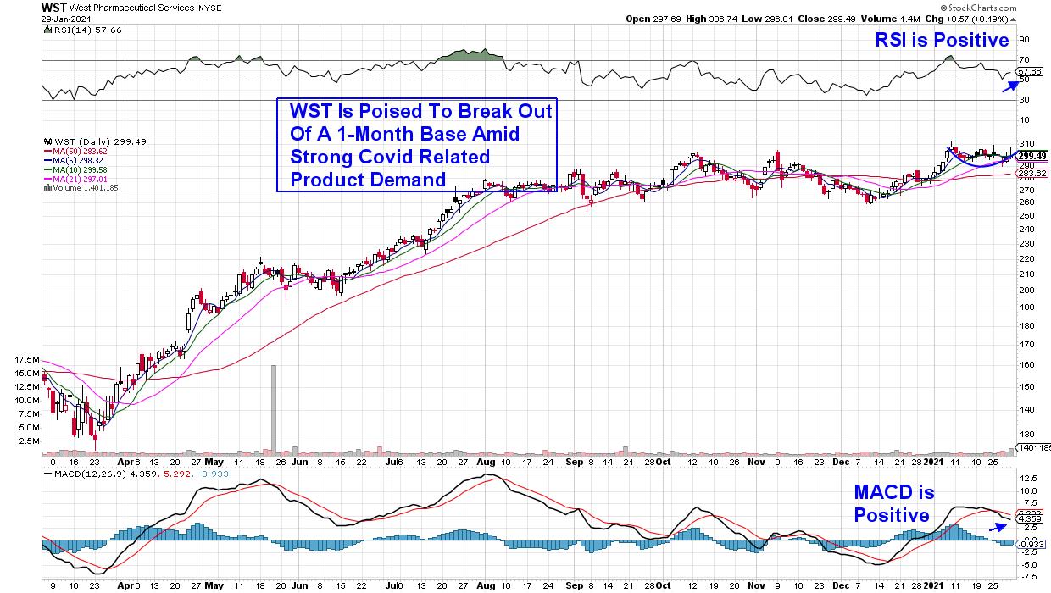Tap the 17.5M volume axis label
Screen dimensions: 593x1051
(x=26, y=360)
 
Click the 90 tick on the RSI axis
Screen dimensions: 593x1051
(x=1023, y=39)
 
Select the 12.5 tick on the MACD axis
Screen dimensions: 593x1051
(x=1028, y=477)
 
